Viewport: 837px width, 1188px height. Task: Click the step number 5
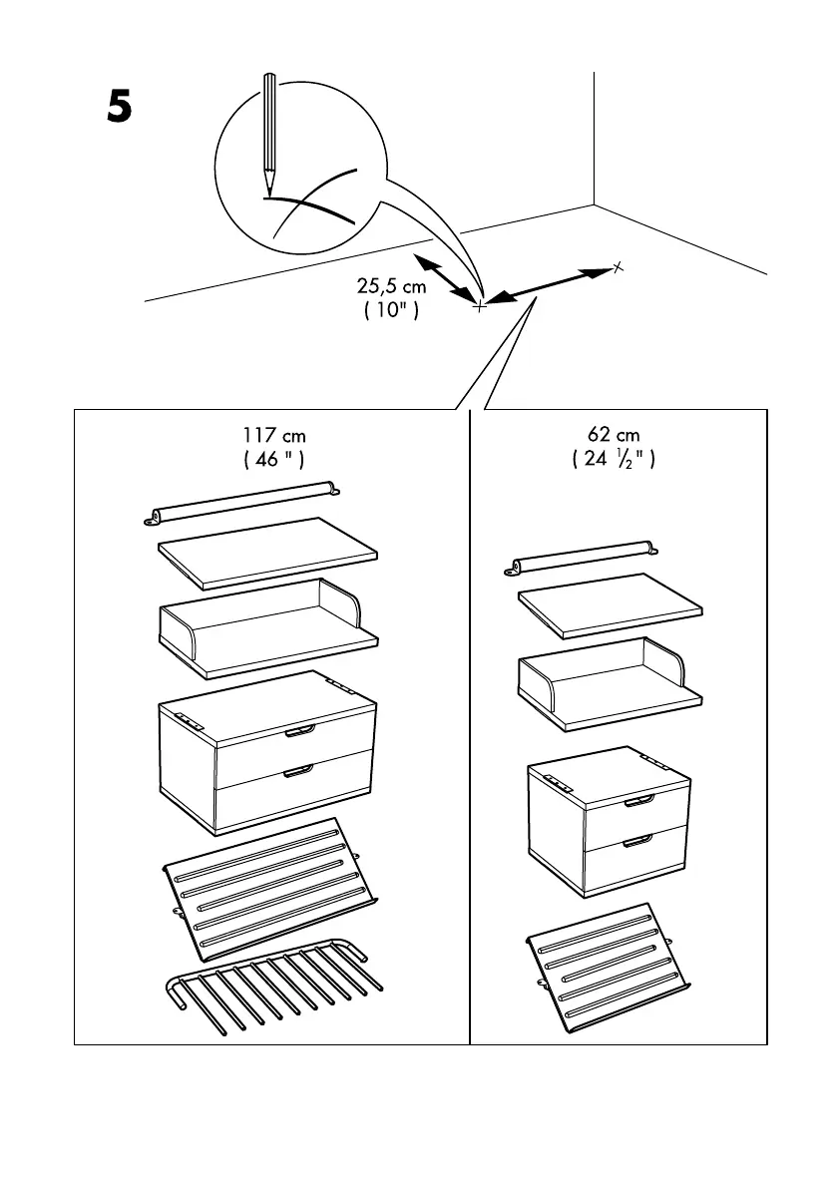tap(120, 108)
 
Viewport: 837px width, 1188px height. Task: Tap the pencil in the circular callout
tap(268, 134)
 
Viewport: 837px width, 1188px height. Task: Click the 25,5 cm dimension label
tap(391, 287)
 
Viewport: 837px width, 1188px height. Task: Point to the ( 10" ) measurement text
tap(391, 311)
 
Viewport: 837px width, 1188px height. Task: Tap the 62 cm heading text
tap(614, 436)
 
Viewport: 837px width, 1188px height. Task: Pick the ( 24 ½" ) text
tap(614, 460)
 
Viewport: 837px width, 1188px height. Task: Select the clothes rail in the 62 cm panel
tap(584, 555)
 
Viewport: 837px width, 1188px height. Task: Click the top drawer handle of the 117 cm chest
tap(298, 733)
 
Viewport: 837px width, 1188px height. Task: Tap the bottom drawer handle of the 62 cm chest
tap(637, 842)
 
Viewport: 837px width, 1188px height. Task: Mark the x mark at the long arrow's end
tap(618, 266)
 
